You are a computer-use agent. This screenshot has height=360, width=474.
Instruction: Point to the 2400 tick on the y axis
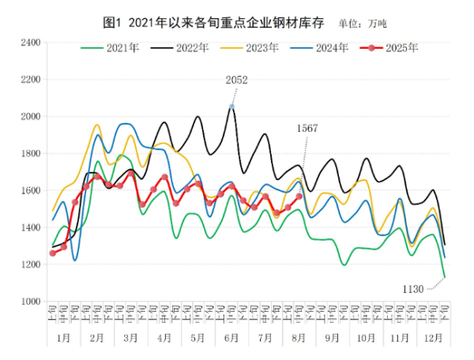(x=29, y=43)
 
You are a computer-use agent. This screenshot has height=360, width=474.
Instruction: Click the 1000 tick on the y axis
(x=29, y=302)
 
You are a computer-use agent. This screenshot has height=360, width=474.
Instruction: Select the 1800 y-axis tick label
(x=29, y=154)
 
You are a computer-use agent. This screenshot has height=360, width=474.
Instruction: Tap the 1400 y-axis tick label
(x=29, y=227)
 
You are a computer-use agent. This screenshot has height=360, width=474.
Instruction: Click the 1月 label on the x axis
(x=62, y=338)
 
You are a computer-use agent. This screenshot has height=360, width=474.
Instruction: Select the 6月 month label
(x=231, y=338)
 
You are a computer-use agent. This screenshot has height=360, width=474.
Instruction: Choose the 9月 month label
(x=332, y=338)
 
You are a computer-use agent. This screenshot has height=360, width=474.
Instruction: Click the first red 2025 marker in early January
(x=52, y=253)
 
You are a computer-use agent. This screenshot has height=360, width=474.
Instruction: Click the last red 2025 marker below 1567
(x=299, y=197)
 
